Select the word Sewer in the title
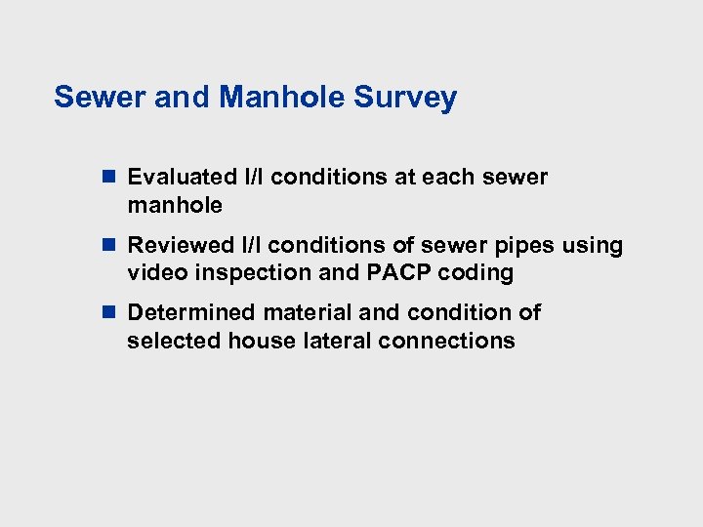coord(93,98)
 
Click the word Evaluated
coord(183,178)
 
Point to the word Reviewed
coord(182,245)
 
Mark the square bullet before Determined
coord(108,313)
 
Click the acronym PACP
coord(399,273)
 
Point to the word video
coord(154,273)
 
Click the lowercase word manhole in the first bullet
coord(174,206)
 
